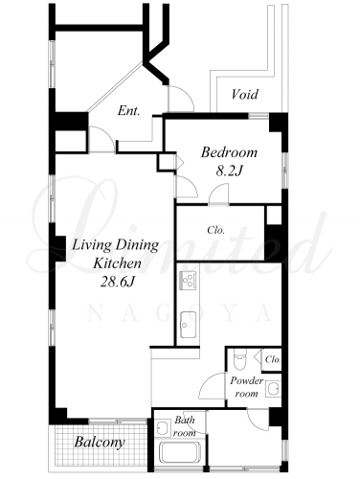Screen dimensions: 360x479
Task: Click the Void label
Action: (x=245, y=95)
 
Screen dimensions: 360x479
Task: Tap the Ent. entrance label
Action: (x=129, y=111)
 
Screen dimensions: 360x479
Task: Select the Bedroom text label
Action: (x=229, y=152)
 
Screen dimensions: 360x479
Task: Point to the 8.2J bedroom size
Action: (x=230, y=171)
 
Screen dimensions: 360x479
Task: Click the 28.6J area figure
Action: (x=117, y=282)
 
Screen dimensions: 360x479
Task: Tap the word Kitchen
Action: (x=117, y=263)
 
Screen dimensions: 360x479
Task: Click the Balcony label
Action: (x=99, y=443)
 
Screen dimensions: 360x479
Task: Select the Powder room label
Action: (x=247, y=387)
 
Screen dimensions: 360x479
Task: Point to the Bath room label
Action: (x=184, y=426)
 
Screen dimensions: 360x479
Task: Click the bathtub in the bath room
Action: (x=180, y=452)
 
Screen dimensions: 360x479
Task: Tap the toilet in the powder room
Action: (x=240, y=359)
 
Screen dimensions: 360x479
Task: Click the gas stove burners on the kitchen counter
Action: (x=188, y=280)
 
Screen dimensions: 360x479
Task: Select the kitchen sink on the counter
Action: (x=188, y=324)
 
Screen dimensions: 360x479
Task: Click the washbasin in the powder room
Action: (x=273, y=389)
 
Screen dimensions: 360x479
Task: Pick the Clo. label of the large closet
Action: (x=215, y=230)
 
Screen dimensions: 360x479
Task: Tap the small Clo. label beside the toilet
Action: (x=273, y=359)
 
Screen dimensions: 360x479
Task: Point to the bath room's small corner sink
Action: (x=163, y=427)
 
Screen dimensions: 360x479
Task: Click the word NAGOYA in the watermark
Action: (x=180, y=314)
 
